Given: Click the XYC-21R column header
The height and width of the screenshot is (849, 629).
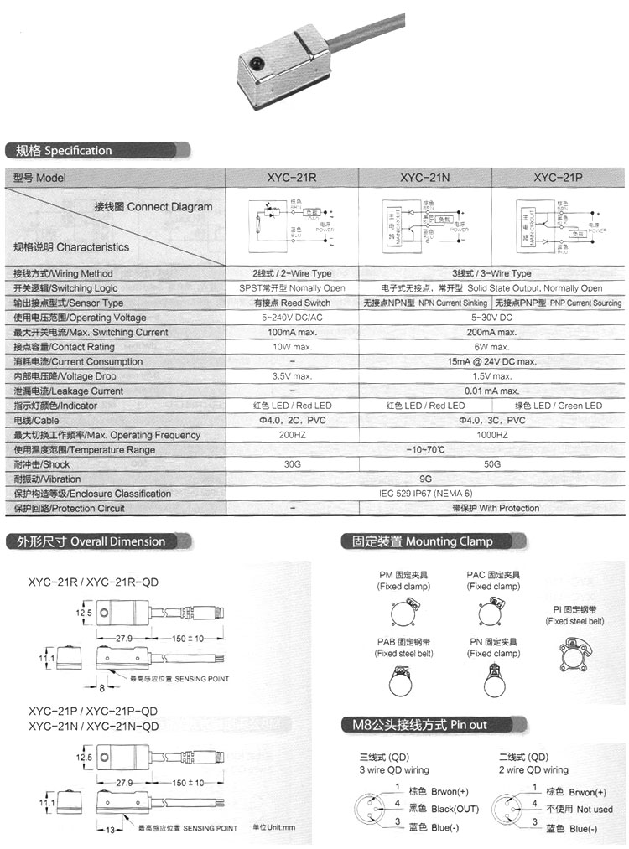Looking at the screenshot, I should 291,178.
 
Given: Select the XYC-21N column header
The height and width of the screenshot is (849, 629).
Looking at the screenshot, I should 424,178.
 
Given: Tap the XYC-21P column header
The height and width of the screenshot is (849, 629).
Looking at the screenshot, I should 559,178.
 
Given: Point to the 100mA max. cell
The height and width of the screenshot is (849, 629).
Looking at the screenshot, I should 291,333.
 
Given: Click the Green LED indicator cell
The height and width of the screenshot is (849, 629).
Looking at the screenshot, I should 559,406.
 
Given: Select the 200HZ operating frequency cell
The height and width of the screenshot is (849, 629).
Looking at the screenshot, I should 291,435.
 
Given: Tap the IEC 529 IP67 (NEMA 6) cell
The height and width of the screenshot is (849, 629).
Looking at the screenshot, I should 425,494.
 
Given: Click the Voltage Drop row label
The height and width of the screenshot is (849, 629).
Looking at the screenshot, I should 65,376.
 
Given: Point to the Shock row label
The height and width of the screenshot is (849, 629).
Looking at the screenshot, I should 42,464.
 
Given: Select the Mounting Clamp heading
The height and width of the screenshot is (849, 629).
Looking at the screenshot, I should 418,541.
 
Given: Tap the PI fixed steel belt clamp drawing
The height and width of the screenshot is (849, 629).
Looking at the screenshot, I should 574,656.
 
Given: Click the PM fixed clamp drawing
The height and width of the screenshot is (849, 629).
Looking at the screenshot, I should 403,617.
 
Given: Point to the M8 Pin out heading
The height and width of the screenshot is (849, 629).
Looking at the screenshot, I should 414,724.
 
